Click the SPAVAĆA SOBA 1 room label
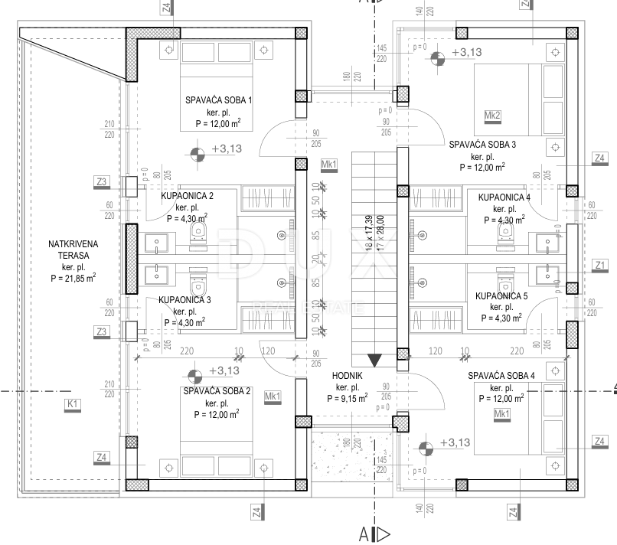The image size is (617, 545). pyautogui.click(x=218, y=100)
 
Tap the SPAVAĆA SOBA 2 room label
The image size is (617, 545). pyautogui.click(x=217, y=390)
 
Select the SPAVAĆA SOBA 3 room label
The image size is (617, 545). pyautogui.click(x=482, y=144)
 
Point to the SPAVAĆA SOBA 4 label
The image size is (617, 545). pyautogui.click(x=501, y=375)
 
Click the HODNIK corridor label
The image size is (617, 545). pyautogui.click(x=348, y=376)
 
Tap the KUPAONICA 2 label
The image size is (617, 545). pyautogui.click(x=187, y=197)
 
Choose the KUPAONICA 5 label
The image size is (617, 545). pyautogui.click(x=501, y=295)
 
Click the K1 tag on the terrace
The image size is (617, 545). pyautogui.click(x=73, y=403)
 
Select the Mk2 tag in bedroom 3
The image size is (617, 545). pyautogui.click(x=493, y=116)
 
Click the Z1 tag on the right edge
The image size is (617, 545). pyautogui.click(x=600, y=265)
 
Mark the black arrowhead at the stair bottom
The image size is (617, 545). pyautogui.click(x=375, y=361)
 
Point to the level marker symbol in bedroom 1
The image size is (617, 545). pyautogui.click(x=198, y=153)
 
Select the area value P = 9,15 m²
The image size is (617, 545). pyautogui.click(x=347, y=398)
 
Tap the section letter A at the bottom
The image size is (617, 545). pyautogui.click(x=364, y=533)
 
